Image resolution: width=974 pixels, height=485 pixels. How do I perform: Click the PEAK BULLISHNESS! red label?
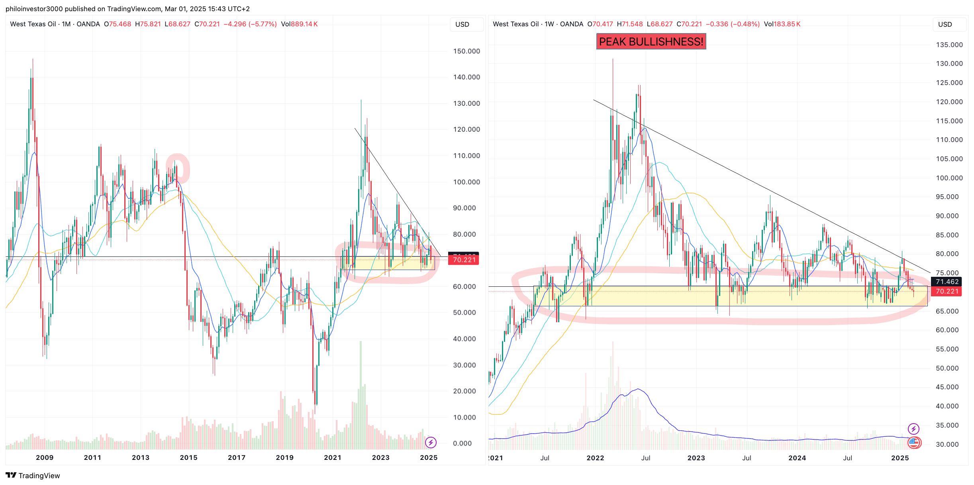click(x=651, y=41)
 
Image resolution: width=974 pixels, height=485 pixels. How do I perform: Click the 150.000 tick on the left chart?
click(x=466, y=51)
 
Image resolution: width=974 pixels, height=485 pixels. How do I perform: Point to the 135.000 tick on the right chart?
click(x=949, y=45)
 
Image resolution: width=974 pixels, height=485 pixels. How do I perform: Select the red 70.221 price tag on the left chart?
click(x=464, y=260)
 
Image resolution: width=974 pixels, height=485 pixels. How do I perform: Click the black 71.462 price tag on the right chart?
click(x=947, y=282)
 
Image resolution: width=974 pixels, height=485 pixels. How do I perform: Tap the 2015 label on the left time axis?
click(x=188, y=457)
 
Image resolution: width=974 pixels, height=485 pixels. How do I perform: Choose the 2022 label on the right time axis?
click(x=595, y=458)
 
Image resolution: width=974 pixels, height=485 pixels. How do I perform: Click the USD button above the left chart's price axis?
click(x=462, y=24)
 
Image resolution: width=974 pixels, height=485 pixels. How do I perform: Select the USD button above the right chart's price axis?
click(x=945, y=24)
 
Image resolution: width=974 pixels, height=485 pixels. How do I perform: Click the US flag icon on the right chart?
click(x=914, y=442)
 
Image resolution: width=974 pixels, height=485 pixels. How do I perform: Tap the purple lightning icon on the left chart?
click(x=431, y=442)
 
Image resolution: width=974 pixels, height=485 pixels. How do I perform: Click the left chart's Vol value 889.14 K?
click(x=304, y=24)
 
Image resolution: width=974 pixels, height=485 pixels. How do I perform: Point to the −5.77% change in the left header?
click(x=263, y=24)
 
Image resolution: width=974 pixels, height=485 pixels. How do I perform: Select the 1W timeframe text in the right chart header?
click(x=549, y=24)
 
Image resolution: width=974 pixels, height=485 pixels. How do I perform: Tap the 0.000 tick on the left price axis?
click(x=462, y=443)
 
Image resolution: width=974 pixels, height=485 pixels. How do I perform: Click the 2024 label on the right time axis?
click(x=797, y=458)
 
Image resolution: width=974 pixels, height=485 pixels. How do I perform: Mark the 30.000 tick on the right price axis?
click(x=947, y=444)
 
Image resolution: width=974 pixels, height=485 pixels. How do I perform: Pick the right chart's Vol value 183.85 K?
click(x=787, y=24)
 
